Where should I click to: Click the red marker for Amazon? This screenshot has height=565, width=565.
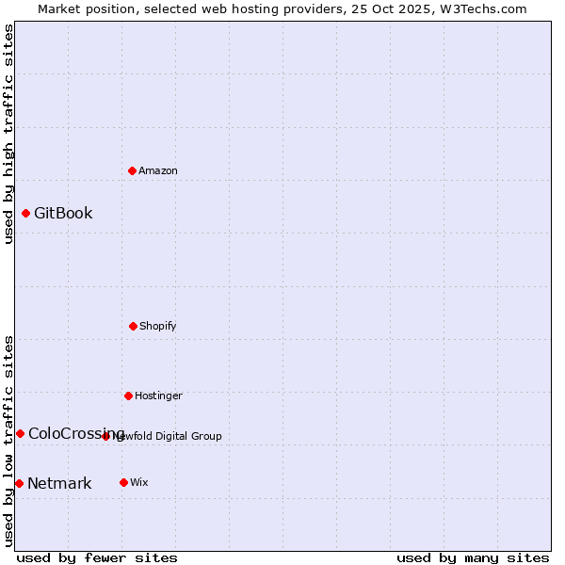pyautogui.click(x=132, y=170)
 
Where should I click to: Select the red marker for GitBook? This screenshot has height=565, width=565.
pyautogui.click(x=25, y=213)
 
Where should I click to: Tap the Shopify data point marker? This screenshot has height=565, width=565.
pyautogui.click(x=133, y=326)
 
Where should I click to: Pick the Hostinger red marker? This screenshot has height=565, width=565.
pyautogui.click(x=128, y=395)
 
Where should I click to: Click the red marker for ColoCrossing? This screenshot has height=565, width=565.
pyautogui.click(x=20, y=433)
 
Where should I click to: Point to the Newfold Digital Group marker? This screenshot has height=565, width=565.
pyautogui.click(x=105, y=436)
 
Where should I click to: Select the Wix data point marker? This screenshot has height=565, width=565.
pyautogui.click(x=123, y=482)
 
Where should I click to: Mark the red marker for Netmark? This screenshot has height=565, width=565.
pyautogui.click(x=19, y=483)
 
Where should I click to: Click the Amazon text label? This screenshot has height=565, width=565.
pyautogui.click(x=158, y=170)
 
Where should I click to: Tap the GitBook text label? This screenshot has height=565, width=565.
pyautogui.click(x=63, y=213)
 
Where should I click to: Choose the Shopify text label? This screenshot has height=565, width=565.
pyautogui.click(x=158, y=326)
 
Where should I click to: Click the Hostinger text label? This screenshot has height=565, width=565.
pyautogui.click(x=158, y=395)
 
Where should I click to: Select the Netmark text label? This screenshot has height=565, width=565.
pyautogui.click(x=59, y=484)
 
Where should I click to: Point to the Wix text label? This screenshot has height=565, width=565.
pyautogui.click(x=139, y=482)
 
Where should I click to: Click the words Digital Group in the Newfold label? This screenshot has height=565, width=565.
pyautogui.click(x=188, y=436)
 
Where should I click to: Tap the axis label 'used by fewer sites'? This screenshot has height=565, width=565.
pyautogui.click(x=97, y=557)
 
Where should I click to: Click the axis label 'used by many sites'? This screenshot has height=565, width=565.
pyautogui.click(x=473, y=557)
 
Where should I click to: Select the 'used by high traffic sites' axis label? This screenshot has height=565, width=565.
pyautogui.click(x=8, y=134)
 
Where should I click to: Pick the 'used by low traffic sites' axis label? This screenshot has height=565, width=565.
pyautogui.click(x=8, y=440)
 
